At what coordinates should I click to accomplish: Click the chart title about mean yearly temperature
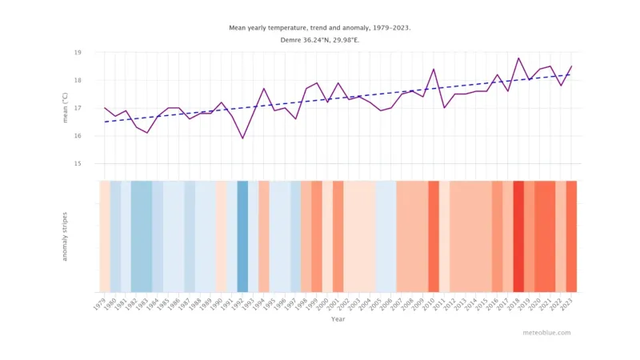pos(320,27)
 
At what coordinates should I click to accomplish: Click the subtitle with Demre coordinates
pos(320,40)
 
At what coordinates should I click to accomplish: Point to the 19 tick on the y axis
pos(78,52)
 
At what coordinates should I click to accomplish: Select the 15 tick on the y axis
pos(78,164)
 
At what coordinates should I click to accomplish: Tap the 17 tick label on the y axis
pos(78,108)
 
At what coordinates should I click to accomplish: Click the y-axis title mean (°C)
pos(66,108)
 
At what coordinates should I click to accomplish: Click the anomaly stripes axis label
pos(66,237)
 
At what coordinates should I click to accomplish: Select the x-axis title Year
pos(338,319)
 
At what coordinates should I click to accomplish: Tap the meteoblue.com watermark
pos(548,333)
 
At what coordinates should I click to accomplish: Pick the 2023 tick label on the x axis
pos(568,303)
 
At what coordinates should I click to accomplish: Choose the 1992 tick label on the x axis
pos(239,303)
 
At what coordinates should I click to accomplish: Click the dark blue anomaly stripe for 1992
pos(242,237)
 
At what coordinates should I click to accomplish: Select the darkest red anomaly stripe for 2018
pos(518,237)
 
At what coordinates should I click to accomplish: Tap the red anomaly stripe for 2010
pos(434,237)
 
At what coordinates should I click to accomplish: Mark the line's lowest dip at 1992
pos(242,138)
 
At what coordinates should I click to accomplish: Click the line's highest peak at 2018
pos(518,58)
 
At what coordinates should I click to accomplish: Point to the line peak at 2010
pos(434,69)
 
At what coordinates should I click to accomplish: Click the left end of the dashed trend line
pos(105,122)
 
